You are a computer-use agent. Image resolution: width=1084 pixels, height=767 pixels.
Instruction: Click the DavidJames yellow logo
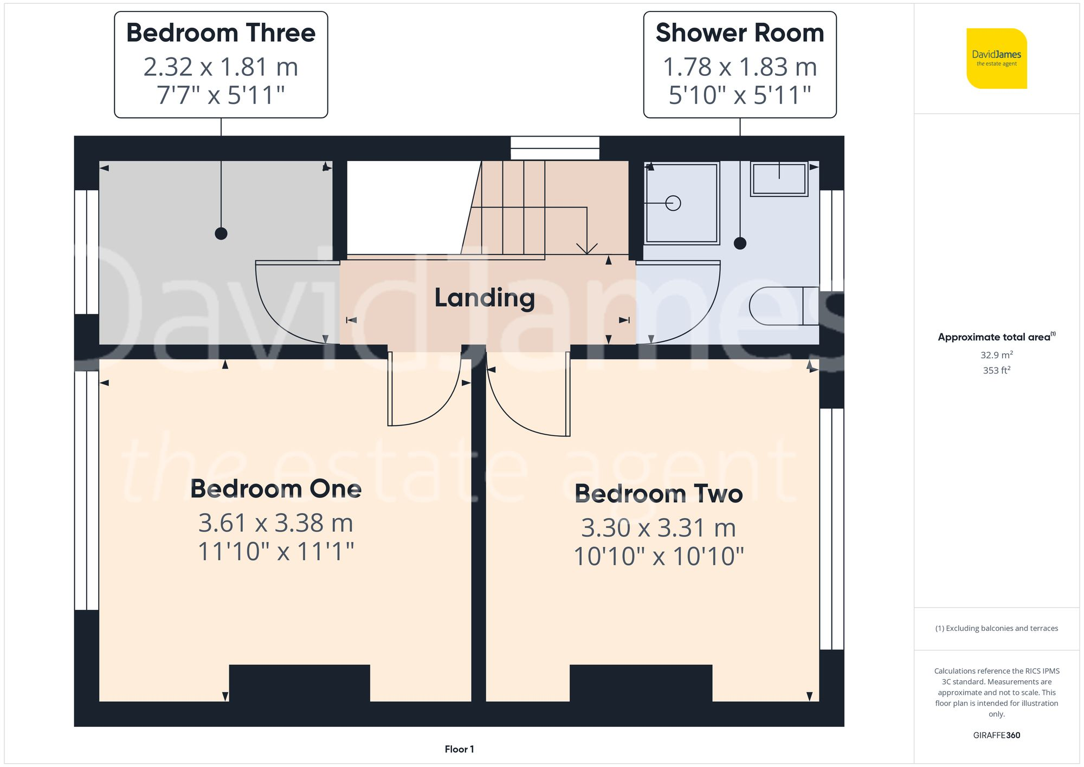[996, 58]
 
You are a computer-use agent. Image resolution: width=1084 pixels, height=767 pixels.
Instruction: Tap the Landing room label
[485, 298]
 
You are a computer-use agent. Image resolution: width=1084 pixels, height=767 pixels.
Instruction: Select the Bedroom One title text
[275, 489]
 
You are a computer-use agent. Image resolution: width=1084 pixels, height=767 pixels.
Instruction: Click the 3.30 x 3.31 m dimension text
[658, 528]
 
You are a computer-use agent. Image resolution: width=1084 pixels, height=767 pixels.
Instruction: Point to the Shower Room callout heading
[739, 33]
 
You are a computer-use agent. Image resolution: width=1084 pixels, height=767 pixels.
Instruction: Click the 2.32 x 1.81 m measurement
[221, 67]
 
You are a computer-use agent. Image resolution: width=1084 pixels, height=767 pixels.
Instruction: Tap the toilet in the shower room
[783, 306]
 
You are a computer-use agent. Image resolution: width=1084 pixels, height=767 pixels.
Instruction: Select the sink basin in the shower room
[779, 179]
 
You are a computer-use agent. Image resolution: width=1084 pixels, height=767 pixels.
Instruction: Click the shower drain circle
[673, 203]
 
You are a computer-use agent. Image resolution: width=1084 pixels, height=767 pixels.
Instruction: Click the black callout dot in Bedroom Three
[221, 234]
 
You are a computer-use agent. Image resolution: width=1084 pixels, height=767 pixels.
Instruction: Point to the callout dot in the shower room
[740, 243]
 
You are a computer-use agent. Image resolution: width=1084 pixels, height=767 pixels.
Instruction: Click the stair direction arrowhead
[586, 249]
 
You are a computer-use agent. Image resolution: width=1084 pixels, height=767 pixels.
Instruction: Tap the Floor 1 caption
[459, 749]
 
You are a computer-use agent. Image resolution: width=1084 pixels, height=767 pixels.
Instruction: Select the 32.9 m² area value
[996, 355]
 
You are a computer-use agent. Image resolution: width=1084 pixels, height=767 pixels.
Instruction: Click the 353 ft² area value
[996, 370]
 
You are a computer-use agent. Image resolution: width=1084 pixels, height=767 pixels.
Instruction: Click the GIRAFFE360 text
[996, 736]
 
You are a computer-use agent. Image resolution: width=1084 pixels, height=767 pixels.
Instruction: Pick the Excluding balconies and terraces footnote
[996, 628]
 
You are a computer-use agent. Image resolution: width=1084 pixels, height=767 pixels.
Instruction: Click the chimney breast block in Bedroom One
[299, 683]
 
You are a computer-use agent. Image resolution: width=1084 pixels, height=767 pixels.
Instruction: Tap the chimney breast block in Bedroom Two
[641, 683]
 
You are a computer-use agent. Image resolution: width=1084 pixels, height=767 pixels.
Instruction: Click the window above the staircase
[555, 148]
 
